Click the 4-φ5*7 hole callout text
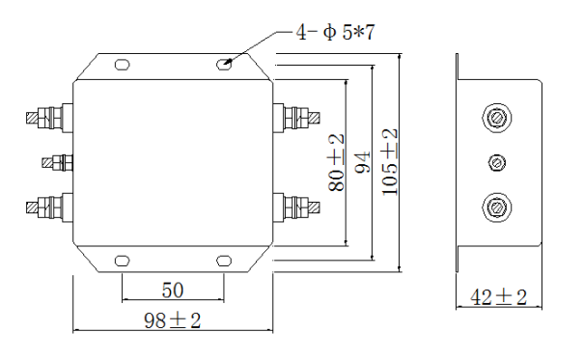(x=335, y=32)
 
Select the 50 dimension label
(x=173, y=291)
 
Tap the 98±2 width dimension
(x=173, y=320)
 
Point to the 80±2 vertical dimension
(x=337, y=163)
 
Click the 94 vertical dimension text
(x=363, y=162)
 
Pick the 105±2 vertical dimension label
(x=390, y=162)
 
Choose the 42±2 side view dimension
(x=499, y=297)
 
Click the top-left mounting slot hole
(x=122, y=65)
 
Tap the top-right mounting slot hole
(x=224, y=65)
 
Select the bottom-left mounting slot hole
(x=122, y=261)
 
